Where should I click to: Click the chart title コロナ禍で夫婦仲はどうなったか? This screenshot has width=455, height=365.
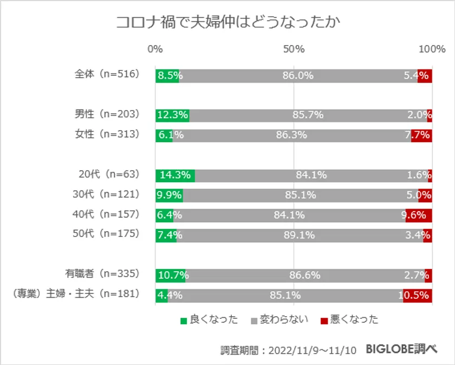pyautogui.click(x=227, y=23)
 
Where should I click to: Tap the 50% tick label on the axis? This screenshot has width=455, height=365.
pyautogui.click(x=294, y=49)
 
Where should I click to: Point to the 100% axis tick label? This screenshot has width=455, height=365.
pyautogui.click(x=432, y=49)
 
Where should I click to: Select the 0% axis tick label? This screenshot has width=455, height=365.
pyautogui.click(x=155, y=49)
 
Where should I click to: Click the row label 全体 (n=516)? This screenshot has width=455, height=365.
pyautogui.click(x=107, y=75)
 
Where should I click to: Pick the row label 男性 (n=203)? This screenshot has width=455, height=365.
pyautogui.click(x=107, y=114)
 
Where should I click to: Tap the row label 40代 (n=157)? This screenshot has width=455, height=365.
pyautogui.click(x=106, y=215)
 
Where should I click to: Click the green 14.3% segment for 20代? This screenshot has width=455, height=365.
pyautogui.click(x=175, y=175)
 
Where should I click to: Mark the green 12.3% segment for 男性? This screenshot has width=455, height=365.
pyautogui.click(x=172, y=114)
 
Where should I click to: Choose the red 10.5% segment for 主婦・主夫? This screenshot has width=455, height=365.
pyautogui.click(x=417, y=295)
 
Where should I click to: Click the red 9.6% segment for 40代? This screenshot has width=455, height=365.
pyautogui.click(x=419, y=215)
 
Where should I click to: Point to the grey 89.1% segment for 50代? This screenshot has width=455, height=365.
pyautogui.click(x=300, y=235)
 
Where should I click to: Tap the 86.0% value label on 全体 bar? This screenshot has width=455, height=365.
pyautogui.click(x=298, y=75)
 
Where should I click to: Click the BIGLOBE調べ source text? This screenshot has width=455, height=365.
pyautogui.click(x=401, y=349)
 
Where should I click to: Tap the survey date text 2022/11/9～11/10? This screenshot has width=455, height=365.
pyautogui.click(x=313, y=350)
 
